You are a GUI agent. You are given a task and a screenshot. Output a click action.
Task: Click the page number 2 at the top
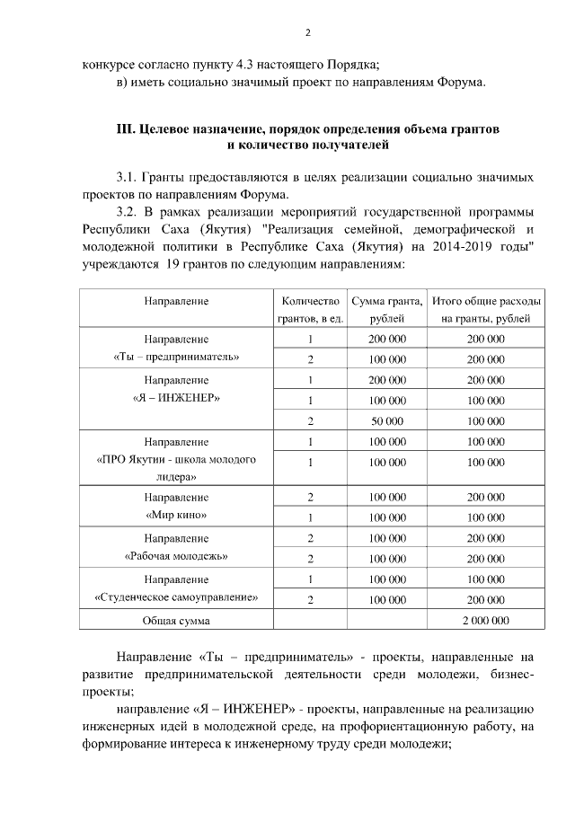[x=307, y=33]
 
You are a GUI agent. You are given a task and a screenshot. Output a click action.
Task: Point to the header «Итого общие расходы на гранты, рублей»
[x=485, y=310]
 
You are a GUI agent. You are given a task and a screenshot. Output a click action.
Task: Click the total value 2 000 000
[x=485, y=621]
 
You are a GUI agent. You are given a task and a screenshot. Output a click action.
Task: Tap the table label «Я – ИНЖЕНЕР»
[x=176, y=396]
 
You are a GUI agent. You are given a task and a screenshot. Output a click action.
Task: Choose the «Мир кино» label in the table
[x=176, y=516]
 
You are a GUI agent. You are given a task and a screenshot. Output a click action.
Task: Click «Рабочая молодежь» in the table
[x=176, y=556]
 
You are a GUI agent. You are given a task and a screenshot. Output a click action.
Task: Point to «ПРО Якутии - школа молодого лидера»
[x=176, y=459]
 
